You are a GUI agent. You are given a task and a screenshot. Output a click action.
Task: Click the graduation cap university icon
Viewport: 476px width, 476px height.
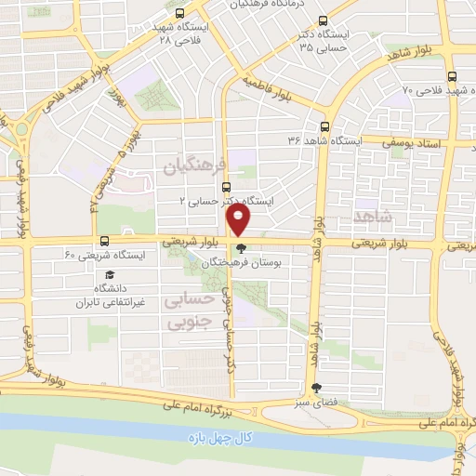pos(110,275)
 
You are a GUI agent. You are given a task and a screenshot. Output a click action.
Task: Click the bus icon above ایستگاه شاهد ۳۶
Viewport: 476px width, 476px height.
pos(324,126)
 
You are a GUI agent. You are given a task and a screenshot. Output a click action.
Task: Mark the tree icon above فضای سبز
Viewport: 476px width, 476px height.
pos(318,389)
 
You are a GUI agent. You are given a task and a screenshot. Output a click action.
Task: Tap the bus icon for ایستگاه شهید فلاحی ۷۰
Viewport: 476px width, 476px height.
pos(451,78)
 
